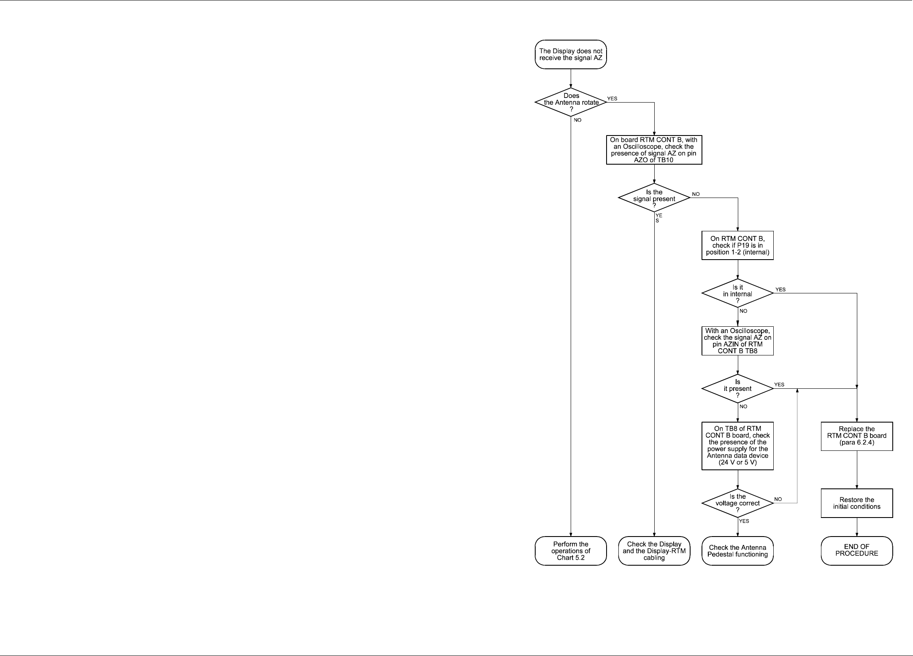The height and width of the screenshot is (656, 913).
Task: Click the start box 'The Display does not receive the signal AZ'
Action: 571,54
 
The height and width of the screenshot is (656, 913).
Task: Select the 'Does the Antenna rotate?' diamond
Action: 571,102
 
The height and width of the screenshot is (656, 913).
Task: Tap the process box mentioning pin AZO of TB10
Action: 654,150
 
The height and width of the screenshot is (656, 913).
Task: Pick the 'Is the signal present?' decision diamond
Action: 654,198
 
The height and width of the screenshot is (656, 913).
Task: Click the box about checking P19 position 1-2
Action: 737,245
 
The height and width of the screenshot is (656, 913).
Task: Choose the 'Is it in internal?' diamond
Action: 737,293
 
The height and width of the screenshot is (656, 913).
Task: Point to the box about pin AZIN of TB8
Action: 737,341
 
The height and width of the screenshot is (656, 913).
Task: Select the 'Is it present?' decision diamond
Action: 737,389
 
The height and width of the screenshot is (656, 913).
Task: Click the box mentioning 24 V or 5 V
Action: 737,446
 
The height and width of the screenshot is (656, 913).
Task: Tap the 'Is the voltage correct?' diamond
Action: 737,503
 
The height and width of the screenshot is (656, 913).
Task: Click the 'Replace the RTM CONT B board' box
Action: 856,436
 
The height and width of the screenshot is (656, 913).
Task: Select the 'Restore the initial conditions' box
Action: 856,503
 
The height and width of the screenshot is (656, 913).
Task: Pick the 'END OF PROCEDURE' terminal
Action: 856,550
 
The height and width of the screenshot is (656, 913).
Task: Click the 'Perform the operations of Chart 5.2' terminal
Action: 571,550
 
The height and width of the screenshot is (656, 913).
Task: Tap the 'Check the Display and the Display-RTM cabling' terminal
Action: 654,550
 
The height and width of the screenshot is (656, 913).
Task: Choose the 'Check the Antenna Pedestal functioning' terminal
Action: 737,550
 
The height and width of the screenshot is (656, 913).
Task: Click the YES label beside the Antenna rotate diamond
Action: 612,99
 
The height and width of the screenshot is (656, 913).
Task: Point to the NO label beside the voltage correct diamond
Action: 778,499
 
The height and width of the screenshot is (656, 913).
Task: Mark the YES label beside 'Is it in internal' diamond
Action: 780,290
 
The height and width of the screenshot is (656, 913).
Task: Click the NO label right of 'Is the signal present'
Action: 696,194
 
